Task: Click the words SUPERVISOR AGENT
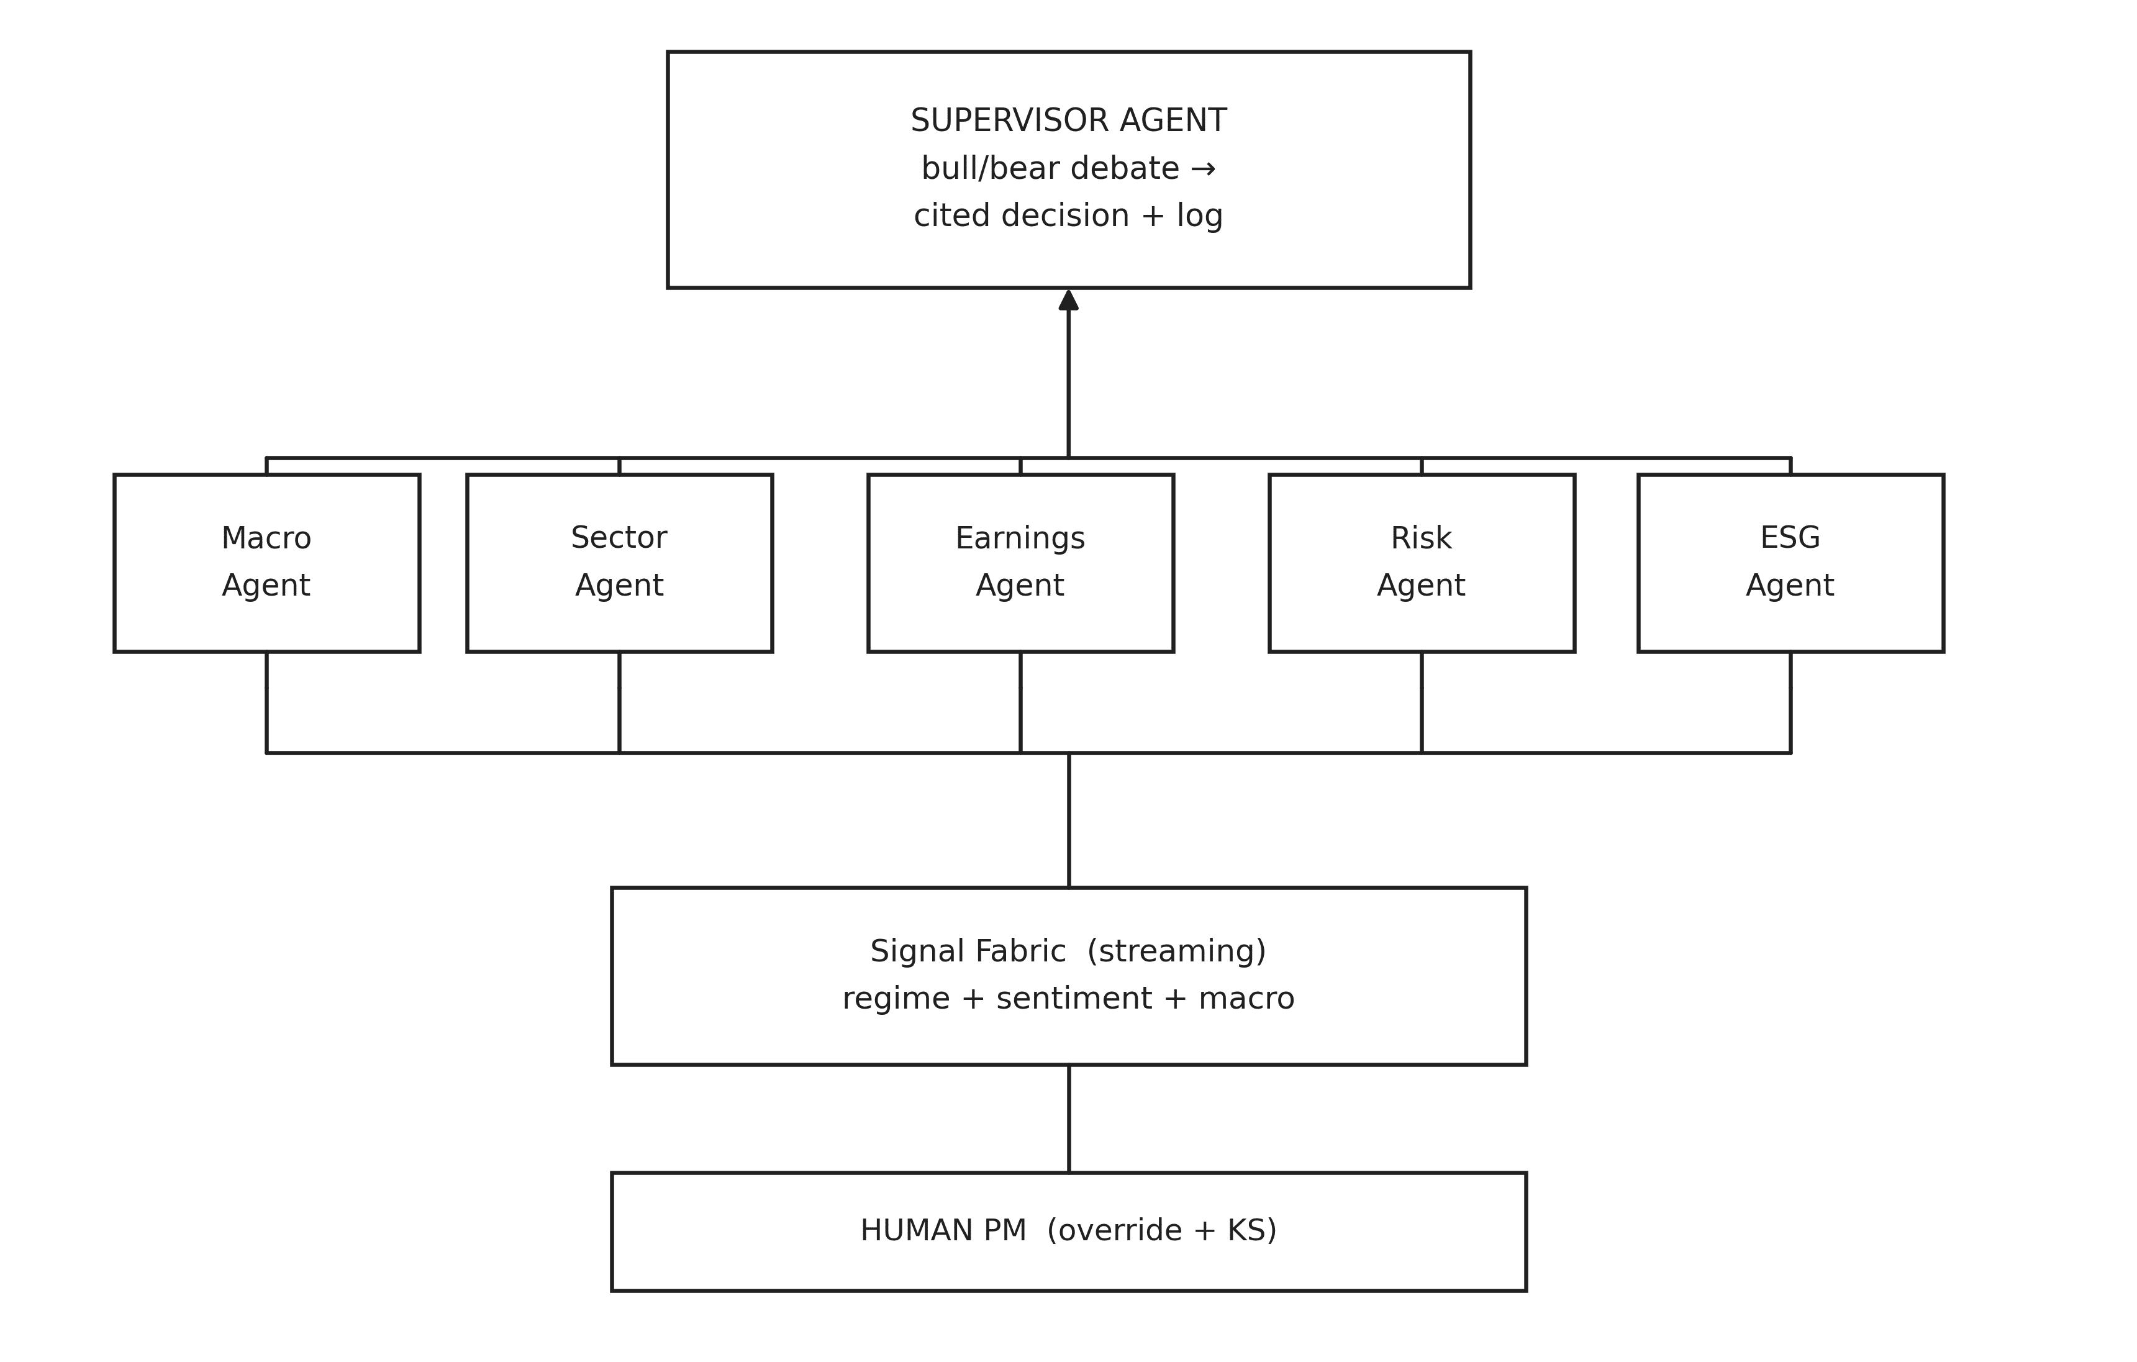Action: tap(1068, 120)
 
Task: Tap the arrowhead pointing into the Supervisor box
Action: tap(1068, 301)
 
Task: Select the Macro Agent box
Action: tap(266, 563)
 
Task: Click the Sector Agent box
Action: tap(619, 563)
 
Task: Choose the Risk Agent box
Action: tap(1421, 563)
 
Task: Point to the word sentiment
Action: tap(1074, 999)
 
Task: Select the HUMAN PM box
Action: tap(1068, 1232)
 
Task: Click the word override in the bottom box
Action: tap(1120, 1231)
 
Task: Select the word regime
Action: tap(896, 999)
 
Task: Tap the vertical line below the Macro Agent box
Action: tap(266, 701)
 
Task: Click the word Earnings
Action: tap(1020, 538)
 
